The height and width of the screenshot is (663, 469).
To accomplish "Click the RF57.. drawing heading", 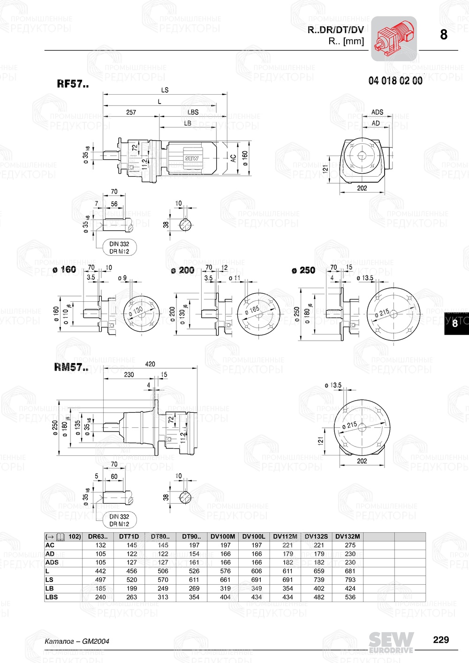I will tap(73, 84).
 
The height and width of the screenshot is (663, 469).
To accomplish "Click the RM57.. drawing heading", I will tap(71, 368).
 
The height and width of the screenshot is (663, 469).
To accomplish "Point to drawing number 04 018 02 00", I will tap(395, 81).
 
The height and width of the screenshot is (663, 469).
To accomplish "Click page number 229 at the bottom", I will tap(441, 640).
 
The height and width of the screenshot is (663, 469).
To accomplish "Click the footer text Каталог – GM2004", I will tap(77, 641).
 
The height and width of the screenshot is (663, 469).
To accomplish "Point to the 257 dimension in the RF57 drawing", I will tap(131, 112).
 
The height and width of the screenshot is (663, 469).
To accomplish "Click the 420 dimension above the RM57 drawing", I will tap(150, 364).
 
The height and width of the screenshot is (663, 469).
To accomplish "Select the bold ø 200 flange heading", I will tap(182, 270).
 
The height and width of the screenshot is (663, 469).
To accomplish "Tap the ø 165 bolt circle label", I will tap(252, 310).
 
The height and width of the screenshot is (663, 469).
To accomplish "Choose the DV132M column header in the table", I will tap(348, 536).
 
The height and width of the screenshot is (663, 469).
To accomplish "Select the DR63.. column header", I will tap(98, 536).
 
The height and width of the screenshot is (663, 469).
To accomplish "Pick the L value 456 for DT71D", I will tap(132, 571).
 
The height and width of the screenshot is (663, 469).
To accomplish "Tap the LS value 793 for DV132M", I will tap(350, 580).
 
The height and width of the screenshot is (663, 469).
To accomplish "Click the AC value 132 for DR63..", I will tap(100, 545).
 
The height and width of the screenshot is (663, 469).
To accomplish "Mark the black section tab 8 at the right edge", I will tap(455, 323).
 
